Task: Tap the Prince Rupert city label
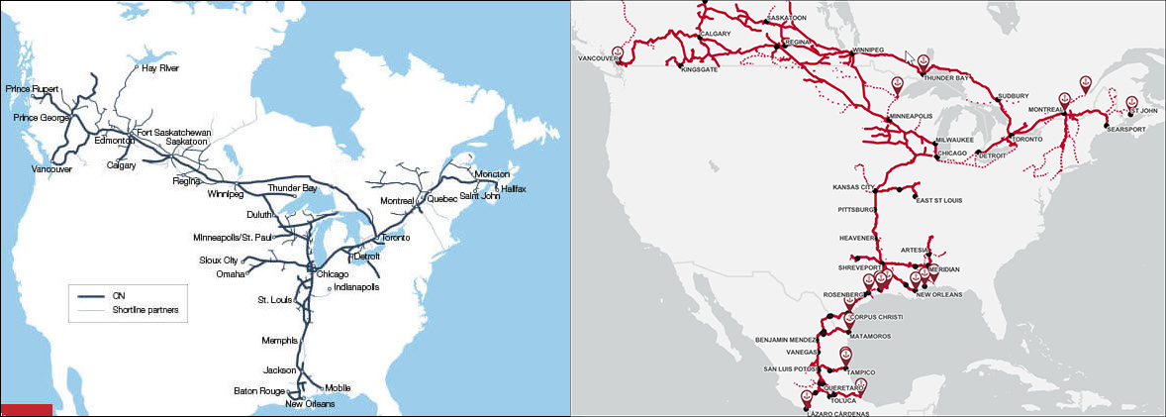coord(31,89)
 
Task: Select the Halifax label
coord(514,188)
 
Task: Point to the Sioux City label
coord(219,261)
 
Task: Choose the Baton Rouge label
coord(259,390)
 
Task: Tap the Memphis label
coord(280,341)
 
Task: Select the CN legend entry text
coord(119,295)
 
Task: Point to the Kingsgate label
coord(701,70)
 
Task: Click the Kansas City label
coord(855,187)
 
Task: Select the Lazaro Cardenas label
coord(836,412)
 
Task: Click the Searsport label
coord(1126,130)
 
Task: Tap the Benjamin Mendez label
coord(787,340)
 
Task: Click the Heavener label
coord(858,239)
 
